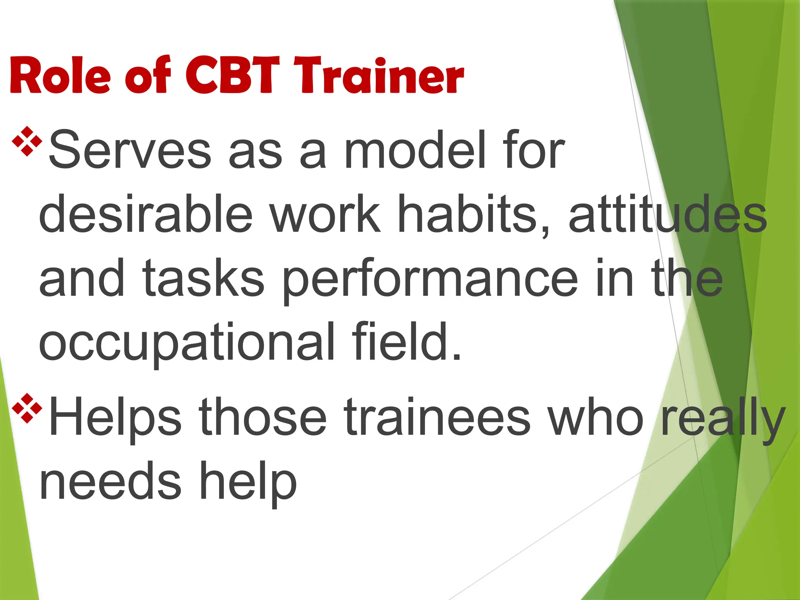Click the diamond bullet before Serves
click(x=27, y=141)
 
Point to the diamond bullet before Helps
click(x=27, y=409)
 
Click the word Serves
click(x=129, y=150)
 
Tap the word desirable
click(x=146, y=214)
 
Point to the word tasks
click(x=203, y=279)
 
